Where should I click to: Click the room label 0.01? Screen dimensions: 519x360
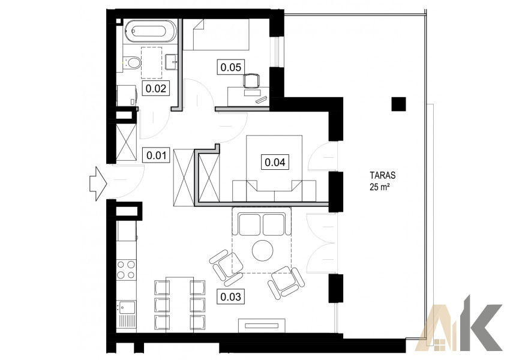pyautogui.click(x=156, y=155)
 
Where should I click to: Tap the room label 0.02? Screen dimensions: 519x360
pyautogui.click(x=156, y=88)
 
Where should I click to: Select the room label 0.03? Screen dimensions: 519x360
pyautogui.click(x=230, y=296)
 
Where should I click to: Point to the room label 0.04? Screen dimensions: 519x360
pyautogui.click(x=275, y=162)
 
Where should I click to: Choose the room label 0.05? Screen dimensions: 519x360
pyautogui.click(x=230, y=67)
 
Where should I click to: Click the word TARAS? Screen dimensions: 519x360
pyautogui.click(x=383, y=175)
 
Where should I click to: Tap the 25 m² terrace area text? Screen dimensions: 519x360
pyautogui.click(x=379, y=187)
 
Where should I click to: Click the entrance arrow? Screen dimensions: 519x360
pyautogui.click(x=98, y=184)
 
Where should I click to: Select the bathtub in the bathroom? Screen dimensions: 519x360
pyautogui.click(x=151, y=31)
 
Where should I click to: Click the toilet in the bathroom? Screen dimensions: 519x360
pyautogui.click(x=133, y=62)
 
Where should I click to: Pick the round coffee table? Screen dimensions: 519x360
pyautogui.click(x=262, y=250)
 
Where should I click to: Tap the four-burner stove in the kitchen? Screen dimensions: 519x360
pyautogui.click(x=126, y=269)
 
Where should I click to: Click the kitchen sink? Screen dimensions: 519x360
pyautogui.click(x=127, y=307)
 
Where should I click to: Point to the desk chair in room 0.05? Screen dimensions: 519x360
pyautogui.click(x=251, y=81)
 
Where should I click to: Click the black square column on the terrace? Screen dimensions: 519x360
pyautogui.click(x=398, y=104)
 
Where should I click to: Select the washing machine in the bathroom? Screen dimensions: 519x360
pyautogui.click(x=127, y=95)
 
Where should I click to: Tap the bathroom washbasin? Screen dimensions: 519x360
pyautogui.click(x=171, y=62)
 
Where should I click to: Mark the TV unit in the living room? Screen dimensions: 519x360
pyautogui.click(x=262, y=326)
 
